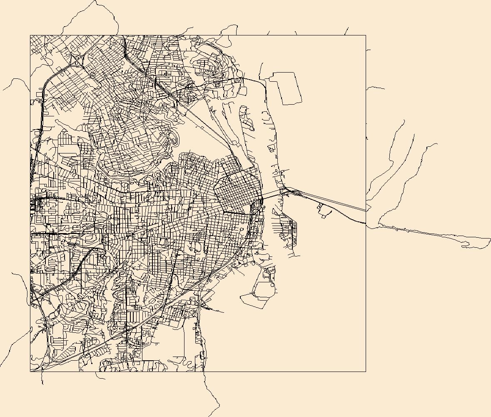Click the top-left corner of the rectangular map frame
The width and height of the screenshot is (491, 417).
[30, 35]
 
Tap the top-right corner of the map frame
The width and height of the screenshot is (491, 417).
[366, 35]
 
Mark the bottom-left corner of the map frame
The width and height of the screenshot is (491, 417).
[30, 372]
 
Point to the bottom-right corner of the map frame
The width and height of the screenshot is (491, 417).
[366, 372]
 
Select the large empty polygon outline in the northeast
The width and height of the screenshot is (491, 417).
[286, 88]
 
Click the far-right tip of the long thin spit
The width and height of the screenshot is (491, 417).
[490, 239]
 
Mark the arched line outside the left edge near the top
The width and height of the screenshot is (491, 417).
[15, 81]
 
